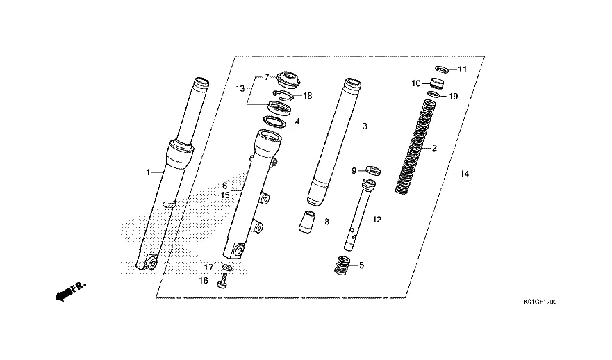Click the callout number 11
(462, 69)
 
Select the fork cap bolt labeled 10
(437, 83)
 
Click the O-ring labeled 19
(433, 95)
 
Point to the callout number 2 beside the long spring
(434, 148)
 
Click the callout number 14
(464, 174)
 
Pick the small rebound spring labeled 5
(342, 265)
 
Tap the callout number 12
(377, 220)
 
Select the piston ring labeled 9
(374, 170)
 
